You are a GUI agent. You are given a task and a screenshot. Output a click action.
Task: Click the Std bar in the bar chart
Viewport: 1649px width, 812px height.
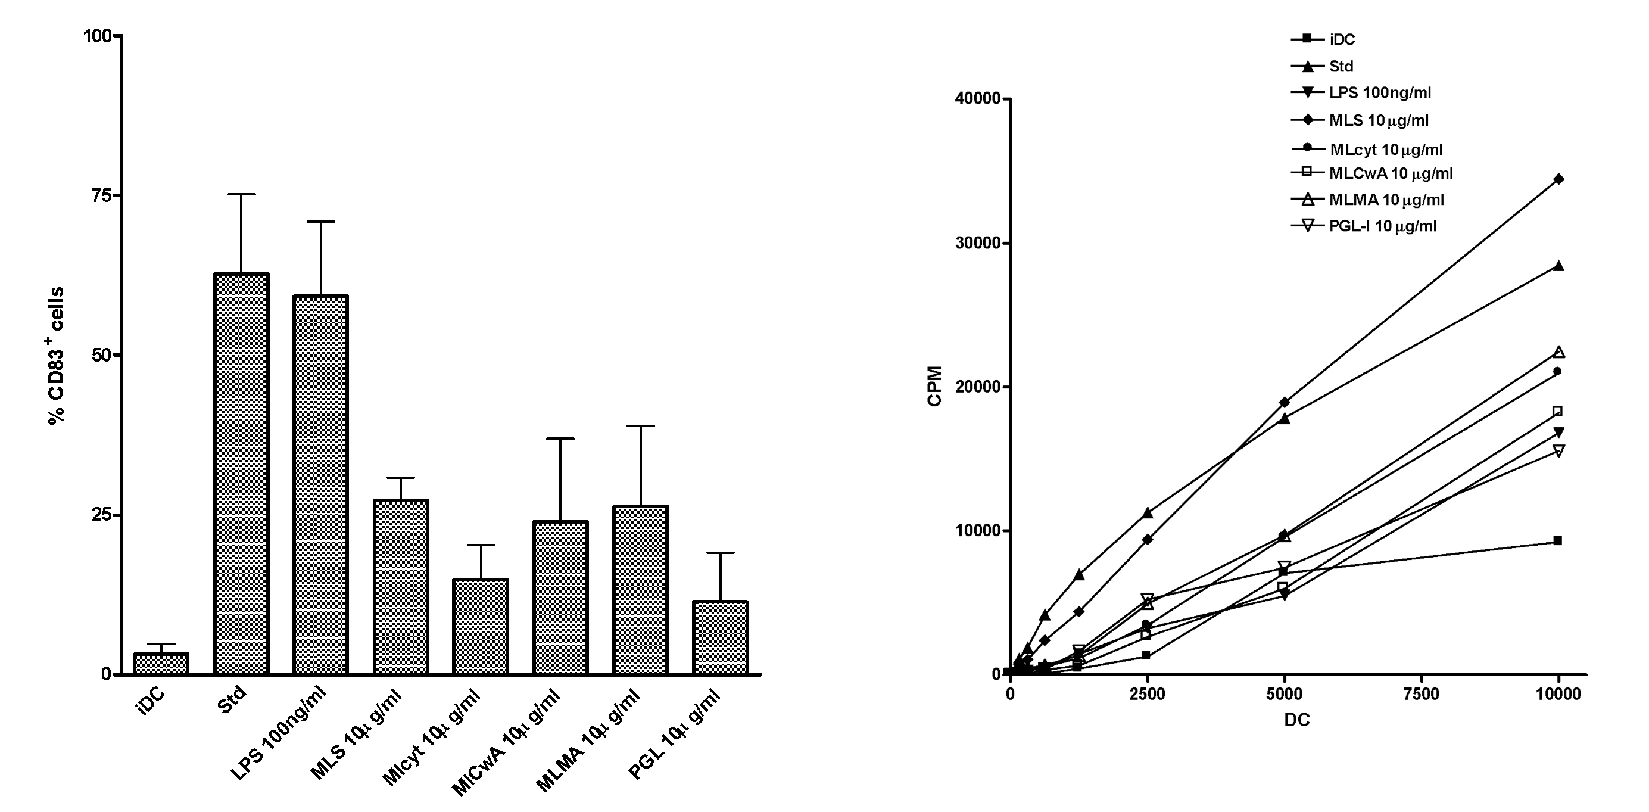pos(241,474)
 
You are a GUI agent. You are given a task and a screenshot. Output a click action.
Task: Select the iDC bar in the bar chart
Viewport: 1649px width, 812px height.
pos(161,664)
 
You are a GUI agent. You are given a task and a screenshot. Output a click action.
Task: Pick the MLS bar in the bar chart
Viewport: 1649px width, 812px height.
pos(401,587)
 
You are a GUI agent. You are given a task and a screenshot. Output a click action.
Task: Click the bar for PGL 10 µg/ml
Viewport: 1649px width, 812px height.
pos(720,638)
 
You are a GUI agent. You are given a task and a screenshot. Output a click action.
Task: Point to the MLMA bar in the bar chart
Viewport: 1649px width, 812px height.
pos(640,590)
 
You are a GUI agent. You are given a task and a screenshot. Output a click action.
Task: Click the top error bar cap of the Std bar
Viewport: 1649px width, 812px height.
pos(241,194)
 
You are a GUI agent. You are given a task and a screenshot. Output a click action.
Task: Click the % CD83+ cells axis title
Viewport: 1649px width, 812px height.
pos(57,356)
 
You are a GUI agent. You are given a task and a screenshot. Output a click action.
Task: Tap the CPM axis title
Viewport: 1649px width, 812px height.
pos(935,385)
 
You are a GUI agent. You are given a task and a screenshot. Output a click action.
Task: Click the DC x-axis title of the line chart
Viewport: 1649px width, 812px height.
pos(1297,720)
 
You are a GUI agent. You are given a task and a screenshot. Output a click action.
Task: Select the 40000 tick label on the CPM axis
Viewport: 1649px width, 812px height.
pos(977,99)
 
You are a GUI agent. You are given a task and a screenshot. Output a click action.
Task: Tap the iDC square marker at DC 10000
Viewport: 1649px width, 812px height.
pos(1558,540)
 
